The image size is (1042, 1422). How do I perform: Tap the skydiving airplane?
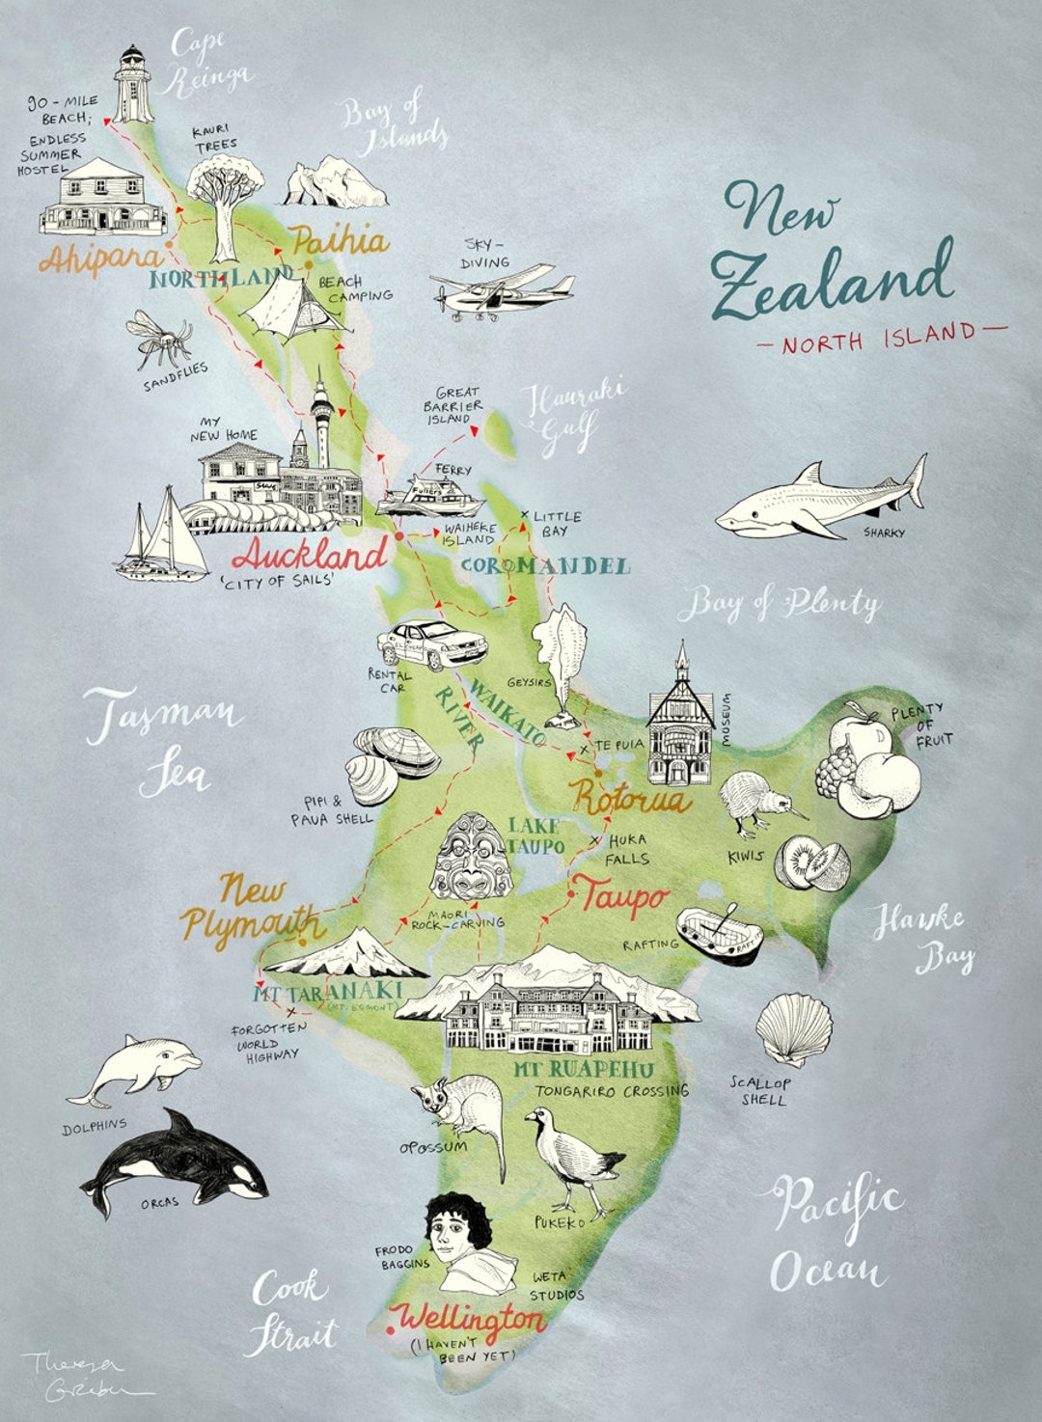click(502, 289)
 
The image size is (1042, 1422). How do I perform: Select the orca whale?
click(174, 1162)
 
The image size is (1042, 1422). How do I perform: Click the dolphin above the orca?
click(140, 1069)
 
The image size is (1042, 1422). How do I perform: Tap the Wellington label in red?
click(471, 1318)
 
